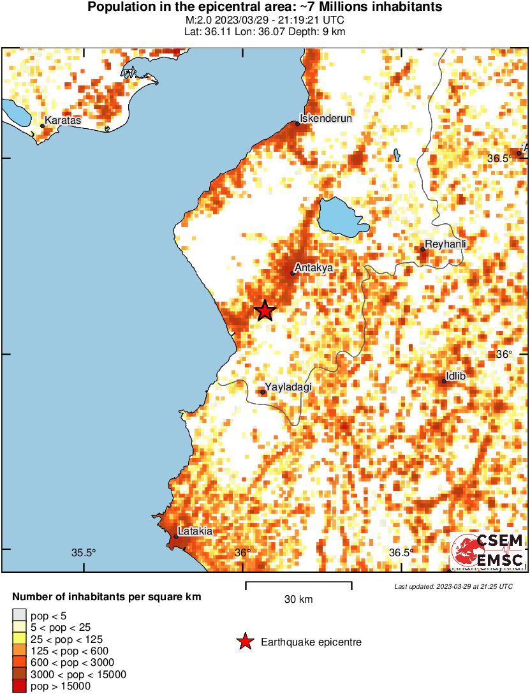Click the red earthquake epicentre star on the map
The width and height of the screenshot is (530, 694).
click(x=265, y=311)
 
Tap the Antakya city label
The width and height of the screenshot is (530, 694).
click(x=314, y=268)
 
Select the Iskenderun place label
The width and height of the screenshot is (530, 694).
click(x=326, y=118)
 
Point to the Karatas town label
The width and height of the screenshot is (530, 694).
click(x=63, y=120)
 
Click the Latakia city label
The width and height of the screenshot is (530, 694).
click(x=195, y=531)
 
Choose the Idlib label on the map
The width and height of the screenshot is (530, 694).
click(x=455, y=376)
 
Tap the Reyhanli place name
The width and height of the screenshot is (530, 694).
click(x=446, y=244)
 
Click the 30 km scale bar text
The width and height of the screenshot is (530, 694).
click(x=298, y=599)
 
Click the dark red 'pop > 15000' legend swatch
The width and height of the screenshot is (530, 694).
click(x=19, y=686)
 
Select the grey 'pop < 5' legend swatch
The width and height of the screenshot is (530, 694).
click(x=19, y=616)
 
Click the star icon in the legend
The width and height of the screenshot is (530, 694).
click(x=245, y=642)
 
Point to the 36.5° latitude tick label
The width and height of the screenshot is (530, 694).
click(x=500, y=158)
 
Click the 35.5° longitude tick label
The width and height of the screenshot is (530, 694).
click(x=84, y=552)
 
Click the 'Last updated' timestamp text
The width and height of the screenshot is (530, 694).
click(x=453, y=586)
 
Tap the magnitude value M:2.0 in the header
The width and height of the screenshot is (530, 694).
click(x=196, y=20)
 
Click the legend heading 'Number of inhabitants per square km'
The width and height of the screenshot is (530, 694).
click(x=107, y=598)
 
